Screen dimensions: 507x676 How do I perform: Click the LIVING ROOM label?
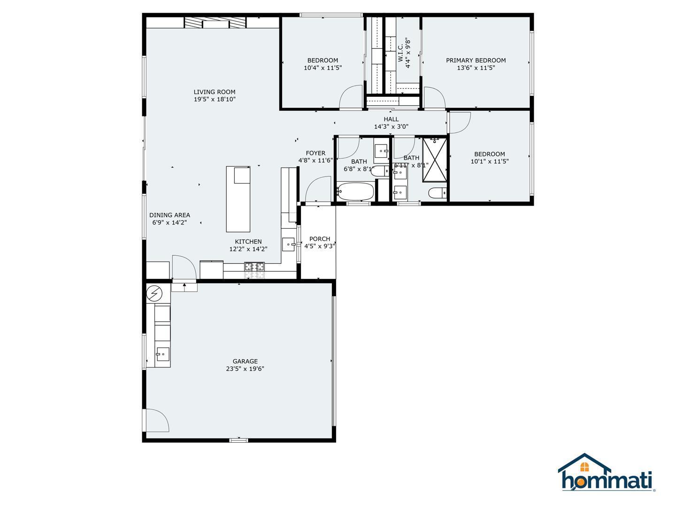pyautogui.click(x=215, y=92)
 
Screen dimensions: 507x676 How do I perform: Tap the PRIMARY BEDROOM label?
pyautogui.click(x=476, y=60)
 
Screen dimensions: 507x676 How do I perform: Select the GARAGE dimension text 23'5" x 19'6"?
pyautogui.click(x=245, y=369)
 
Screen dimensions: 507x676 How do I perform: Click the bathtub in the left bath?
pyautogui.click(x=355, y=192)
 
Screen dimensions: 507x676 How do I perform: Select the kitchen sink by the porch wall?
pyautogui.click(x=288, y=244)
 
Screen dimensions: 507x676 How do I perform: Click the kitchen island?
pyautogui.click(x=238, y=199)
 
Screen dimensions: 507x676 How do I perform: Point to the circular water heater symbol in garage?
pyautogui.click(x=154, y=294)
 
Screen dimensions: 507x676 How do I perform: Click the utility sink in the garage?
pyautogui.click(x=162, y=354)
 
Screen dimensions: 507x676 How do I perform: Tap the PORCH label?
pyautogui.click(x=320, y=239)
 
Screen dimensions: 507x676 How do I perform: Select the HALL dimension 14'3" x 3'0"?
pyautogui.click(x=391, y=127)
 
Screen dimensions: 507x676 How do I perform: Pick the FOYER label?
pyautogui.click(x=315, y=153)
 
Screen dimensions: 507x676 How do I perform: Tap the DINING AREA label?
pyautogui.click(x=169, y=215)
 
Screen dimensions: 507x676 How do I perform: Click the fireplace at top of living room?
pyautogui.click(x=215, y=23)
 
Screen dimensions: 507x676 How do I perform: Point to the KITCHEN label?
pyautogui.click(x=248, y=242)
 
